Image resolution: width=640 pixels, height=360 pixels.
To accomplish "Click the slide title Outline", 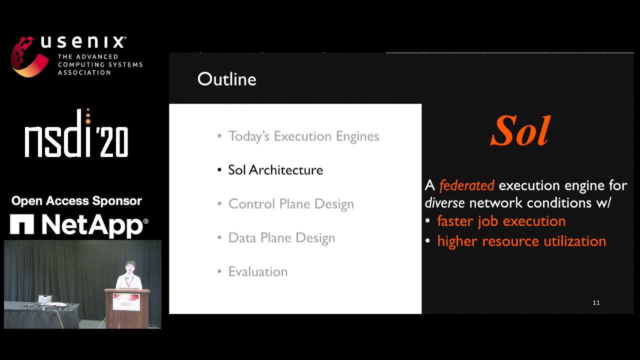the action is [227, 79].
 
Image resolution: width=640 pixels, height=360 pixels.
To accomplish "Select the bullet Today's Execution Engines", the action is [303, 136].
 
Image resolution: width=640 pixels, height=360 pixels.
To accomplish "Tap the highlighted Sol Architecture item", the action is [275, 170].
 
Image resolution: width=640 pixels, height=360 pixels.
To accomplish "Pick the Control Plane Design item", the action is [291, 204].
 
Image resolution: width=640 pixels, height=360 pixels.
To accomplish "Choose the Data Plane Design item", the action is [281, 238].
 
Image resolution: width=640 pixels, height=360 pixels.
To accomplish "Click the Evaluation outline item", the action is [258, 271].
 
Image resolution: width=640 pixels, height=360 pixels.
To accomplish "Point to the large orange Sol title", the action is [520, 130].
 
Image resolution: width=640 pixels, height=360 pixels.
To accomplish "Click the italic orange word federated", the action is [467, 185].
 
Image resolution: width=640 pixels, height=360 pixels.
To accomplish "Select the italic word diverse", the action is [444, 203].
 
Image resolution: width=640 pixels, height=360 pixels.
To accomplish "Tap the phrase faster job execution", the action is [501, 221].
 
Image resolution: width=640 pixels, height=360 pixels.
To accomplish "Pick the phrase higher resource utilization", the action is [521, 241].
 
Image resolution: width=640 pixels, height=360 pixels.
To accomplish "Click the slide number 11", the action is [596, 303].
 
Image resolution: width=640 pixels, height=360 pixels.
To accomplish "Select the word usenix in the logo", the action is [83, 42].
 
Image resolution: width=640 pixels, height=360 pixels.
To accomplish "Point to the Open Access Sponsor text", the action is [76, 201].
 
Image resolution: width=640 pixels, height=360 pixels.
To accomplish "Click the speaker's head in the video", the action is [130, 267].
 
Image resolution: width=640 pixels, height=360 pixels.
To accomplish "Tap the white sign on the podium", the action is [126, 302].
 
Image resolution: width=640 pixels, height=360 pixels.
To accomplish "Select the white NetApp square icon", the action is [22, 224].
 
